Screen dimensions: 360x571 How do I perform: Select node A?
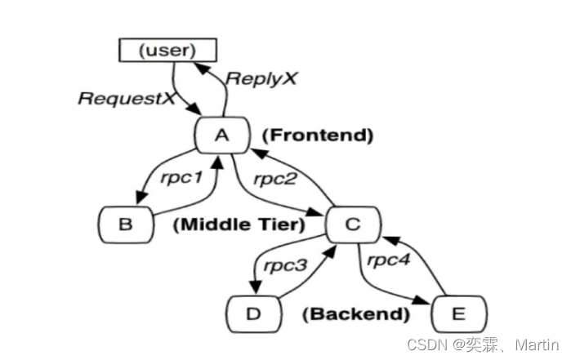pyautogui.click(x=221, y=135)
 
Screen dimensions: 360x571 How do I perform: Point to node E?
pyautogui.click(x=459, y=313)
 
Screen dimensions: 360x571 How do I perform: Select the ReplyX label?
pyautogui.click(x=261, y=79)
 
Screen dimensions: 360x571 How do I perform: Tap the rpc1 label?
pyautogui.click(x=181, y=176)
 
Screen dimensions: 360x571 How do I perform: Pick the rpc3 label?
pyautogui.click(x=285, y=264)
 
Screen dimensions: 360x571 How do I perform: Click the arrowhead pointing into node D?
pyautogui.click(x=254, y=290)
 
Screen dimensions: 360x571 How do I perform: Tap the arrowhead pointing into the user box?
pyautogui.click(x=207, y=66)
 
